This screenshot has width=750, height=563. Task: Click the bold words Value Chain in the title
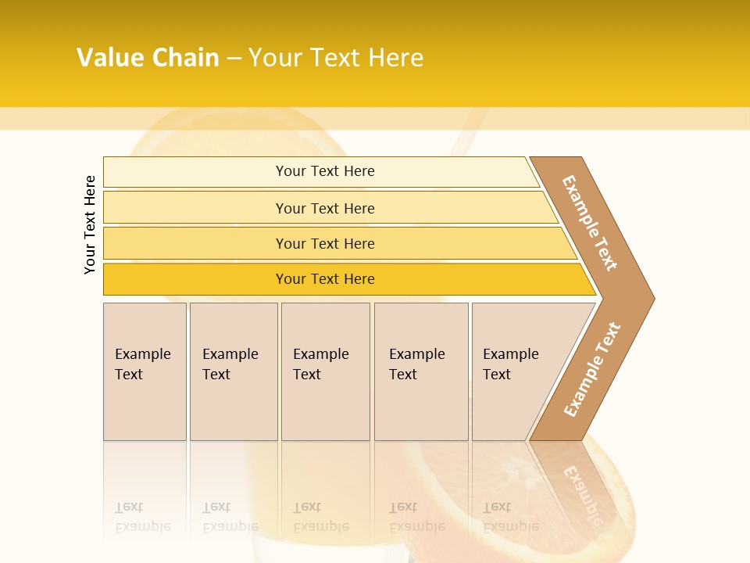coord(148,58)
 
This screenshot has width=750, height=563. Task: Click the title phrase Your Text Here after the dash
coord(336,58)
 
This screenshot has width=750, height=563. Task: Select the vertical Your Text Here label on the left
coord(91,224)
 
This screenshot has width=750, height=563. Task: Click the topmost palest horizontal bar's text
coord(325,171)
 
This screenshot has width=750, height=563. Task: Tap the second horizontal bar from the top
coord(325,208)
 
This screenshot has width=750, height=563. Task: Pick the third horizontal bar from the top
coord(325,244)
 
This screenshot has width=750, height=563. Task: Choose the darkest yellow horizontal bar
coord(325,279)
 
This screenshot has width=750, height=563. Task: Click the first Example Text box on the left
coord(144,364)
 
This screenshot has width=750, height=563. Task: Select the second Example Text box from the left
coord(232,364)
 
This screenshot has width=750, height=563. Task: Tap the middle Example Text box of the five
coord(324,364)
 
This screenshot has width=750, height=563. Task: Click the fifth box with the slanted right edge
coord(516,364)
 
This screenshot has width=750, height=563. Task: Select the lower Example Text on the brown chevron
coord(592,370)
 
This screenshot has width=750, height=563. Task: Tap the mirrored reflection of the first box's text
coord(142,517)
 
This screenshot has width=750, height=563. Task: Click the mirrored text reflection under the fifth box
coord(510,517)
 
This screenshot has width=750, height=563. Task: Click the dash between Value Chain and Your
coord(234,59)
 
